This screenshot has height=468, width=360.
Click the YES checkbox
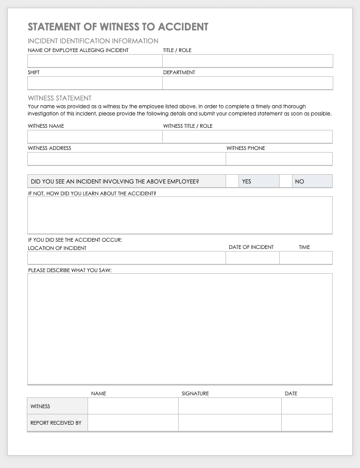[x=232, y=181]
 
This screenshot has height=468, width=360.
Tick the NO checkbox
[x=286, y=181]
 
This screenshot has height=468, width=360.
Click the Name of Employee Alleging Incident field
[x=95, y=61]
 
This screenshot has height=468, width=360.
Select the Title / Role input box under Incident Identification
[x=247, y=61]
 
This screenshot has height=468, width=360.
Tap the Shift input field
[x=95, y=83]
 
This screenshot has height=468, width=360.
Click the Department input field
[x=247, y=83]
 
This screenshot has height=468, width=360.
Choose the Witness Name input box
[x=95, y=137]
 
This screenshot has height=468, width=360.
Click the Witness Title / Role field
[x=247, y=137]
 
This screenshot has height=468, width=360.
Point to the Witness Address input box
[x=126, y=159]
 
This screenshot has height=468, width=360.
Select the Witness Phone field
[x=279, y=159]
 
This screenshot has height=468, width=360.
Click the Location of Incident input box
[x=126, y=258]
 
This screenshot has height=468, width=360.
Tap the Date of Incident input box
[x=252, y=258]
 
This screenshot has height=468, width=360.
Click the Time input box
[x=306, y=258]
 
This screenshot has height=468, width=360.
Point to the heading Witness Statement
[x=60, y=98]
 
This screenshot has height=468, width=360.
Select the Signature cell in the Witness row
[x=230, y=406]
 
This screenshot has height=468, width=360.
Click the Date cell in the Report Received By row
[x=306, y=423]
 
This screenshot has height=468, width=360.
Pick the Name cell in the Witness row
[x=133, y=406]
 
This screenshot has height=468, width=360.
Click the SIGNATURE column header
[x=195, y=394]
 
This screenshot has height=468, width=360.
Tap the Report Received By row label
[x=56, y=423]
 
